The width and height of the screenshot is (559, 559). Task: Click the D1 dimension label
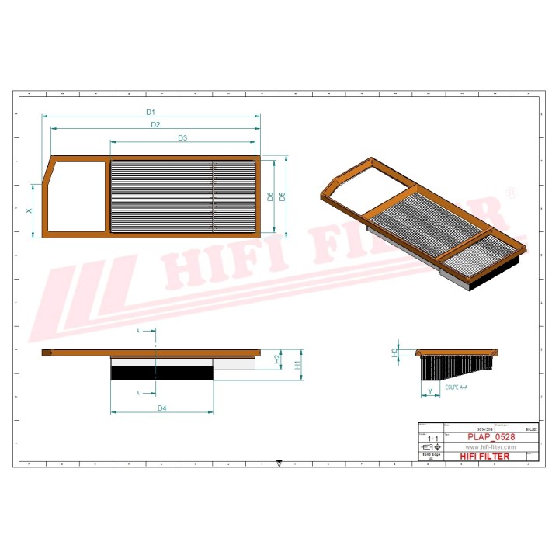click(151, 111)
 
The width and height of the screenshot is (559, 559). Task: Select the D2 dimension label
click(155, 124)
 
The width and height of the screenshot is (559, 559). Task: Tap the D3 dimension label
click(182, 138)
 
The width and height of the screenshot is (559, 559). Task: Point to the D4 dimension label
click(162, 408)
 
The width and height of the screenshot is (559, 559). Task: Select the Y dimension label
click(429, 391)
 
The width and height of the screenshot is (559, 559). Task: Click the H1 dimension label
click(298, 364)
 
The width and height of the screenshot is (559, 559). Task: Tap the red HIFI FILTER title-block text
click(485, 457)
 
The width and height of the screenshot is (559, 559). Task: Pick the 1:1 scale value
click(432, 439)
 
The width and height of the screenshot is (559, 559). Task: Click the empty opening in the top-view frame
click(78, 196)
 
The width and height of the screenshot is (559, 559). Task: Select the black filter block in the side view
click(161, 373)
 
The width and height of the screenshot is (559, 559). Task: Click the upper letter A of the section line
click(138, 331)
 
